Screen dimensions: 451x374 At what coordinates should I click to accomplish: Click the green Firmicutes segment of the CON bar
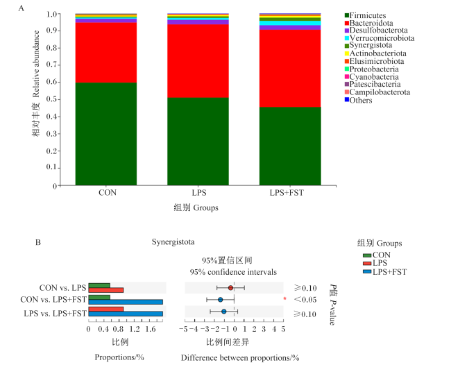106,134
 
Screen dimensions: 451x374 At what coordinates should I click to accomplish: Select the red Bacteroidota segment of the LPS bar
198,61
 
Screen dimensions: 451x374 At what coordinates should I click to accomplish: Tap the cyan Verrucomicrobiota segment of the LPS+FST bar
290,23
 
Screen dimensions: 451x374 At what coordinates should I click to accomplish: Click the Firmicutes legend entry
365,15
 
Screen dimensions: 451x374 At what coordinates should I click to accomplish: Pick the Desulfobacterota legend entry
376,31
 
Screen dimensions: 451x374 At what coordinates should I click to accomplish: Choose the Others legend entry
359,100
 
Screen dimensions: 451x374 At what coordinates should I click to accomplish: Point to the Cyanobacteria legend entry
372,77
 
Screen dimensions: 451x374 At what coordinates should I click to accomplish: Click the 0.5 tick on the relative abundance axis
52,99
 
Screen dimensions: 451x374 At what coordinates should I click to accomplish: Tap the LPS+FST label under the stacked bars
287,192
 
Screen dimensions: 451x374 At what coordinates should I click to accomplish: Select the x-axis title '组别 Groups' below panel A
196,207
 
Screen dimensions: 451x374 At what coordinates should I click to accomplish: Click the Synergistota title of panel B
173,242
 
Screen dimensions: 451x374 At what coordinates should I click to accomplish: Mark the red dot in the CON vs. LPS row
230,288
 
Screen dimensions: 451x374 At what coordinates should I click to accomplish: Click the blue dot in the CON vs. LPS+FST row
221,300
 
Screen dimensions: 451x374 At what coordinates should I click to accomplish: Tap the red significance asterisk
284,298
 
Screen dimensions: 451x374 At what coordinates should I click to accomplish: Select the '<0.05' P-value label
305,300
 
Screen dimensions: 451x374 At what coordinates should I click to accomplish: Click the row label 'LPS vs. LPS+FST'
56,313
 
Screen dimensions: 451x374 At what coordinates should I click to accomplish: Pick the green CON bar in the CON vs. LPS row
99,285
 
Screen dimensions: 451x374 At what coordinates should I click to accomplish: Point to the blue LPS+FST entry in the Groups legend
385,272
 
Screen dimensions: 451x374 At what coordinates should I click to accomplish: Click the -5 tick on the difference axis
183,329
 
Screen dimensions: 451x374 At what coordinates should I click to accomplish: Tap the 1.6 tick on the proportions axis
150,329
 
